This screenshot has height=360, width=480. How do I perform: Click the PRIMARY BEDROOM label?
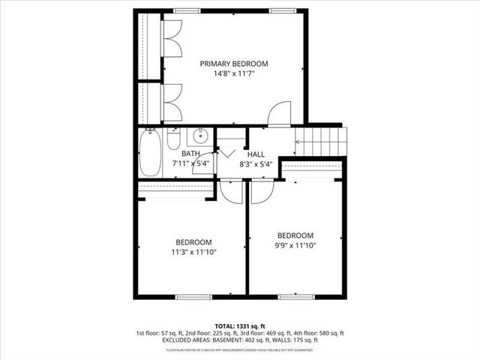coord(233,64)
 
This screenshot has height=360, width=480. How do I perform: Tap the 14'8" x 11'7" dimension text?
coord(233,74)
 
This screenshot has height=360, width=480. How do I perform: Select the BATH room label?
coord(190,154)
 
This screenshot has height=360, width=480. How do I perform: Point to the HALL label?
coord(256,154)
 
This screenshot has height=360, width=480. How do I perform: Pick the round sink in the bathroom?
coord(200,136)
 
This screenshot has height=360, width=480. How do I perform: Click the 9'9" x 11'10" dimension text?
coord(295,244)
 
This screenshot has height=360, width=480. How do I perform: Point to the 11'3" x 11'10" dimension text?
coord(193,252)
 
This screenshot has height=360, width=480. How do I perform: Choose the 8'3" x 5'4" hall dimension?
coord(255,163)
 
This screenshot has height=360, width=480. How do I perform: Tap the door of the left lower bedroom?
coord(231,191)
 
